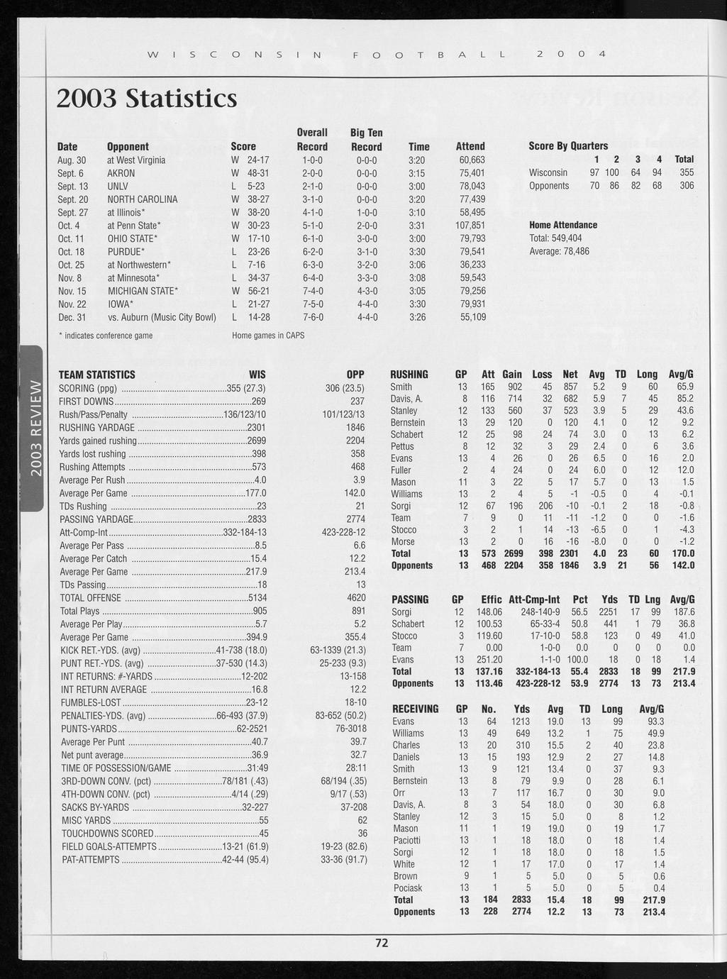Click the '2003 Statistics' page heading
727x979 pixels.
pos(147,99)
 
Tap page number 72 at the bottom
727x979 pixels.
pos(382,943)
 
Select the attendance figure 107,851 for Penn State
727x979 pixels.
pos(470,226)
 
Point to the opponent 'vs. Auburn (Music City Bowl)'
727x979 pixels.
pos(162,317)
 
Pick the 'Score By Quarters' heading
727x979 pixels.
pos(568,145)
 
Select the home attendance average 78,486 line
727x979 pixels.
pos(559,251)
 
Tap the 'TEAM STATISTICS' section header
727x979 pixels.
pos(96,375)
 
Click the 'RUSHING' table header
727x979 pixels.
pos(409,375)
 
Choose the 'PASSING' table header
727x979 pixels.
pos(410,599)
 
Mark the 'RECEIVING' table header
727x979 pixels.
pos(416,709)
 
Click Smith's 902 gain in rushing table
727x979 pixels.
pos(512,387)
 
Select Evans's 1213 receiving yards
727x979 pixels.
pos(521,721)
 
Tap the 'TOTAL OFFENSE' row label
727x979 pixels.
pos(90,598)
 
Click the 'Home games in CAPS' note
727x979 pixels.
pos(268,335)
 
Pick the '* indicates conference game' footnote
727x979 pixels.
pos(105,335)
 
